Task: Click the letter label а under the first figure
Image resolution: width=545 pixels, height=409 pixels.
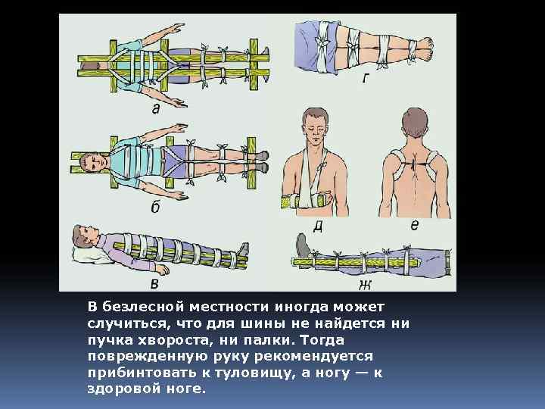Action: click(156, 108)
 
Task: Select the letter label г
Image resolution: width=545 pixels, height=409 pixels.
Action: click(366, 78)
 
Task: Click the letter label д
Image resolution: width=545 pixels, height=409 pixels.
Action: click(318, 225)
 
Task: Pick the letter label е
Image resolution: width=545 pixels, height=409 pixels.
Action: click(414, 225)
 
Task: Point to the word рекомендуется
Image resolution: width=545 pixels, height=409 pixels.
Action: click(312, 356)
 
